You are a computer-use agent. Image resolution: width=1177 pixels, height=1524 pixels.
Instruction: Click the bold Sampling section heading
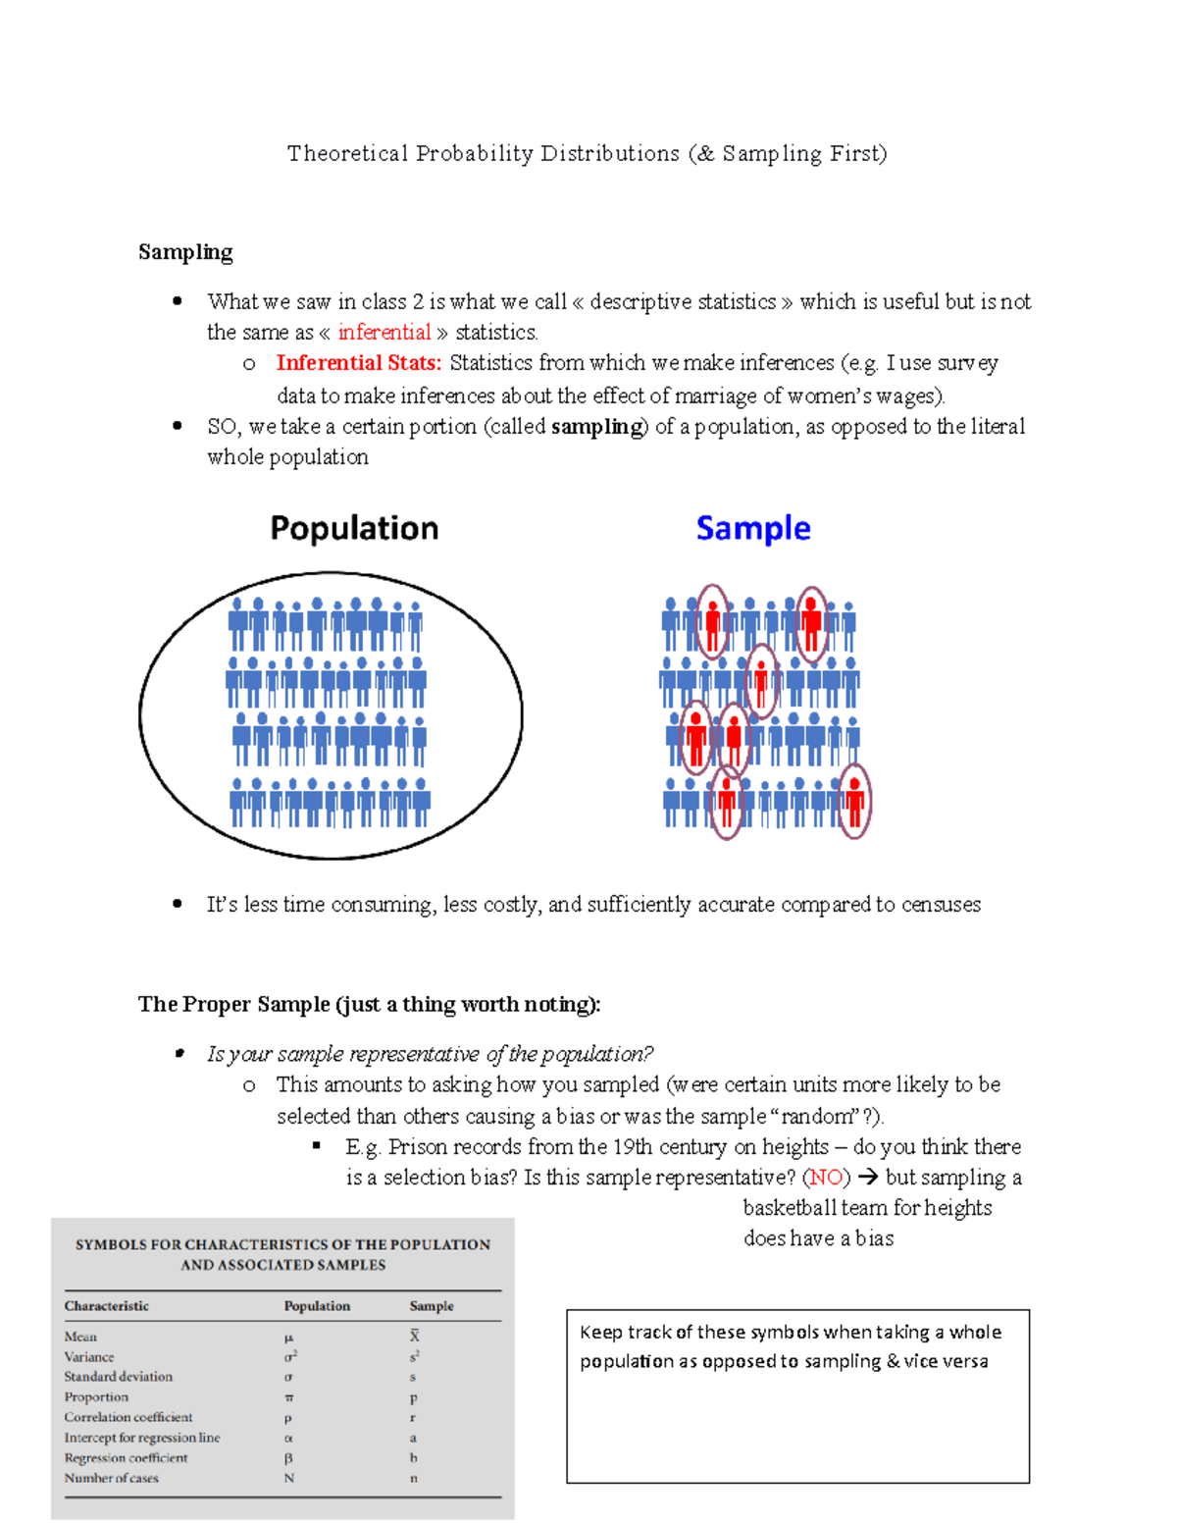click(x=185, y=252)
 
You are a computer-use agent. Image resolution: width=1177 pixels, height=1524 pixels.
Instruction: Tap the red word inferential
click(x=384, y=332)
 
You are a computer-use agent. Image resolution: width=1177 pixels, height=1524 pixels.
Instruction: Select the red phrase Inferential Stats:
click(x=359, y=363)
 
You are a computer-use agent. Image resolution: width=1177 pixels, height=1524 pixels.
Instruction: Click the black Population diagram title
click(x=354, y=528)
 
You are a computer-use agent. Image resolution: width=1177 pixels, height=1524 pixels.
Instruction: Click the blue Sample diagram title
click(x=753, y=528)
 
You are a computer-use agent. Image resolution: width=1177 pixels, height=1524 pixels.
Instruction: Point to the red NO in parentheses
click(x=826, y=1178)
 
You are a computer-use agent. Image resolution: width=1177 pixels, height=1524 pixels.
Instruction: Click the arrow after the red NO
click(x=867, y=1178)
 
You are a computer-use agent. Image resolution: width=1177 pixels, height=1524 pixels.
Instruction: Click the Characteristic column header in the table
click(x=107, y=1306)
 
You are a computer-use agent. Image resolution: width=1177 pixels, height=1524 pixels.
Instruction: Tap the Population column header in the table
click(x=317, y=1306)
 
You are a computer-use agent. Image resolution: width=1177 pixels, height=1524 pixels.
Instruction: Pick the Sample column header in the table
click(x=432, y=1306)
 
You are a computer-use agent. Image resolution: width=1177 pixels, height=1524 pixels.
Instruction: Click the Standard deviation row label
click(x=119, y=1377)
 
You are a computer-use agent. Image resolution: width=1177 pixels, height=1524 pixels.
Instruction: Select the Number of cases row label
click(x=112, y=1478)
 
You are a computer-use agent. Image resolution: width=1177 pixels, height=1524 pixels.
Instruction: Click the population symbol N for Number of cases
click(x=289, y=1478)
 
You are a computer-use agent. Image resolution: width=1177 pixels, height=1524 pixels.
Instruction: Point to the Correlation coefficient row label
click(x=128, y=1417)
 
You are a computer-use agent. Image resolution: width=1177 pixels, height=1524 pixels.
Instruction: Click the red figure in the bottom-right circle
click(x=855, y=801)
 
